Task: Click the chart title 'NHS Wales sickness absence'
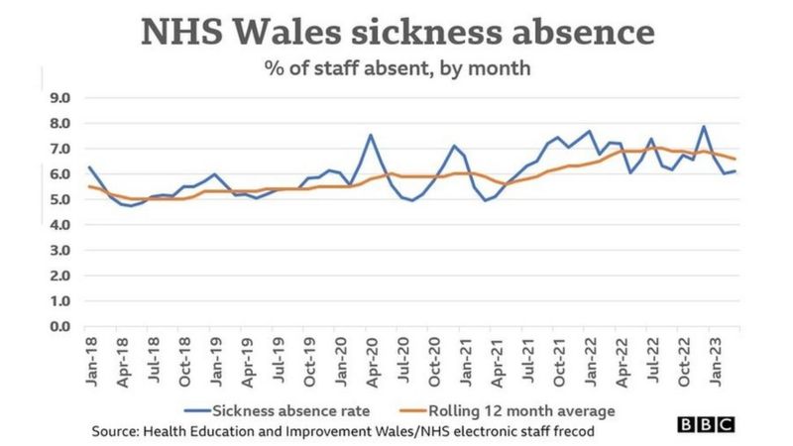click(x=397, y=32)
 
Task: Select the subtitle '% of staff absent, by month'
click(x=396, y=69)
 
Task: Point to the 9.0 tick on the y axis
click(x=60, y=98)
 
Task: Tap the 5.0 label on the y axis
click(x=60, y=199)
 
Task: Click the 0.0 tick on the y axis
click(x=60, y=326)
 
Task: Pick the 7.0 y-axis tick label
click(x=60, y=149)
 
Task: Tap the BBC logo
click(x=706, y=425)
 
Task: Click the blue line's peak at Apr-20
click(x=371, y=135)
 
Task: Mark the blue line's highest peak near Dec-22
click(x=703, y=126)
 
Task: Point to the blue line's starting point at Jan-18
click(x=89, y=167)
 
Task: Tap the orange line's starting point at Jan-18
click(x=89, y=186)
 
